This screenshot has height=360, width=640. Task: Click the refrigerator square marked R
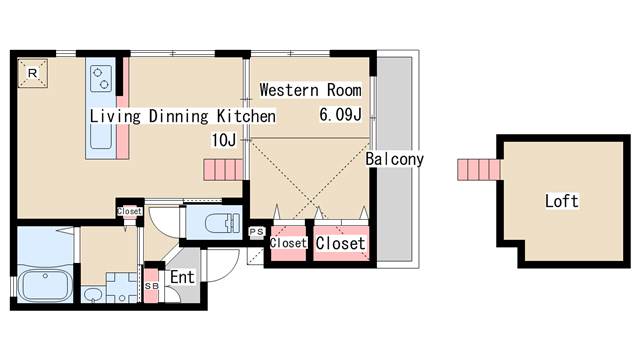tap(33, 73)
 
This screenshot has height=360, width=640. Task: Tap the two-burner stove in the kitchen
tap(101, 78)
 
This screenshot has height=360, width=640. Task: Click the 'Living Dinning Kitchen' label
tap(182, 116)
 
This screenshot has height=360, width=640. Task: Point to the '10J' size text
tap(224, 140)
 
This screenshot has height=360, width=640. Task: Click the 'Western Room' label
tap(311, 90)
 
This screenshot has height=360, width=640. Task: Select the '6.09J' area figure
tap(340, 115)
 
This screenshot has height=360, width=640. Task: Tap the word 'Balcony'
tap(394, 159)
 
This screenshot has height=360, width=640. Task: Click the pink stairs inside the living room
tap(224, 170)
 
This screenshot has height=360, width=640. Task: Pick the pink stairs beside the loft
tap(479, 169)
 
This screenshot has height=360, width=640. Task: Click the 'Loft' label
tap(562, 201)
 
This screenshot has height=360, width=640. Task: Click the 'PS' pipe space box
tap(257, 232)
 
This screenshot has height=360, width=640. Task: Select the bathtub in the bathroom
tap(45, 285)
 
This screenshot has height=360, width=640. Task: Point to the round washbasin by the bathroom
tap(94, 295)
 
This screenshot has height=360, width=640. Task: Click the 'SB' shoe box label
tap(152, 286)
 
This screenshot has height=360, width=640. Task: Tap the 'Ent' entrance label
tap(182, 278)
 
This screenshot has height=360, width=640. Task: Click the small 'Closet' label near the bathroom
tap(129, 211)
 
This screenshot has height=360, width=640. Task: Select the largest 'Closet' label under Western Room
tap(340, 244)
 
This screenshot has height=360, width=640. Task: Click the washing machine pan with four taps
tap(122, 288)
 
